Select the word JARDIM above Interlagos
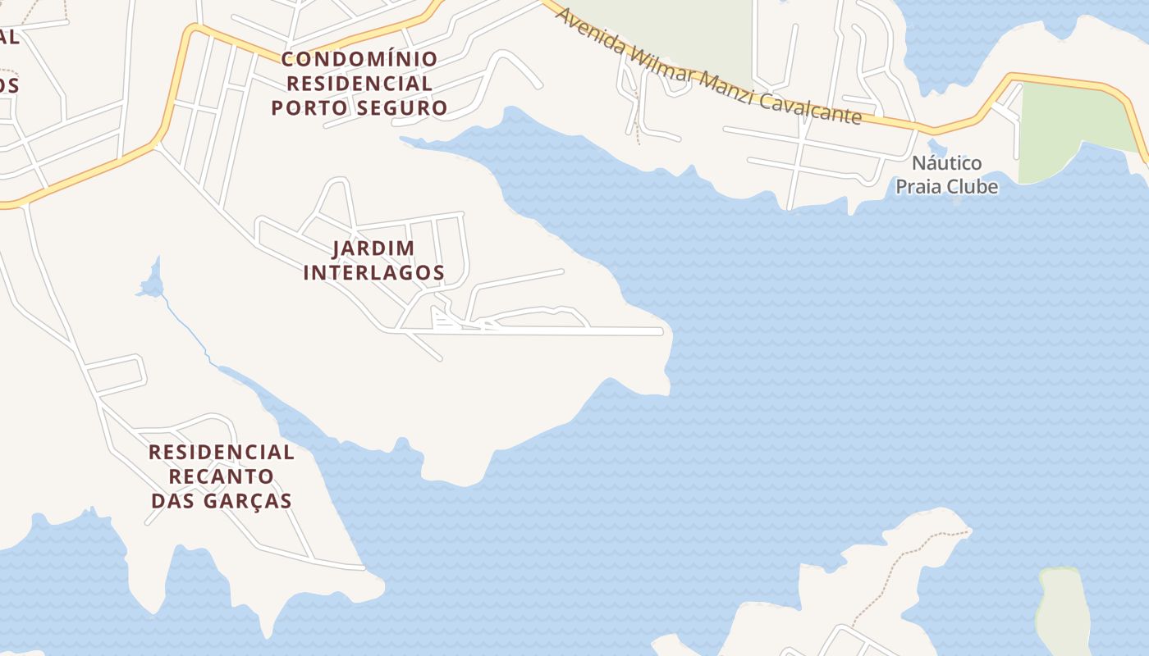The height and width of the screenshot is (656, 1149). [x=373, y=248]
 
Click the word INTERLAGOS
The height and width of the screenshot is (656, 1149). [x=373, y=273]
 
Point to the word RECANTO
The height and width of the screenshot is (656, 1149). [x=221, y=476]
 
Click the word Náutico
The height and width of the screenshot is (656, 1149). [x=946, y=162]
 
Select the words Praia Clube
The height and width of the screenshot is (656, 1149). [x=946, y=187]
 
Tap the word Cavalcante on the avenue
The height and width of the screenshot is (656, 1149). [x=810, y=107]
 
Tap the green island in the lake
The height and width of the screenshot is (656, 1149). [x=1062, y=607]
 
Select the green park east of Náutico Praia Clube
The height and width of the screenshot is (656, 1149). [x=1067, y=127]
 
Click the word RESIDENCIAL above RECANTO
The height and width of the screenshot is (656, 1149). [x=221, y=452]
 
